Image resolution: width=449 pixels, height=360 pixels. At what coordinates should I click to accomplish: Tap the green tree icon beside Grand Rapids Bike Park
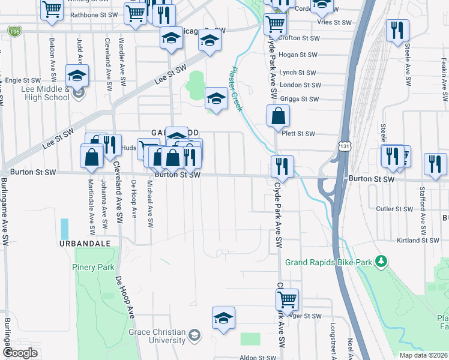380,261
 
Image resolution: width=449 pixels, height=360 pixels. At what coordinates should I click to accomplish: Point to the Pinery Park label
93,267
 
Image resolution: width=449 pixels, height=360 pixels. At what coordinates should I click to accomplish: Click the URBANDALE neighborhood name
85,244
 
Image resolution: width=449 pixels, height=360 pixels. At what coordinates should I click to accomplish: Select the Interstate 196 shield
14,31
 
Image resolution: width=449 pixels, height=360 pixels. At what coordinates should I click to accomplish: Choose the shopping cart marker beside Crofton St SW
275,25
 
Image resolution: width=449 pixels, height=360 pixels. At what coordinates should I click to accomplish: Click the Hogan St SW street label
298,55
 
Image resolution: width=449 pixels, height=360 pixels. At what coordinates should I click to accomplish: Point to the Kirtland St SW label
418,240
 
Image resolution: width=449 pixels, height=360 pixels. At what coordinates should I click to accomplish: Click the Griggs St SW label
298,99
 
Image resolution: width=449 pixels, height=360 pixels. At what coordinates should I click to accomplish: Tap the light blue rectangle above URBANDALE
65,228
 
